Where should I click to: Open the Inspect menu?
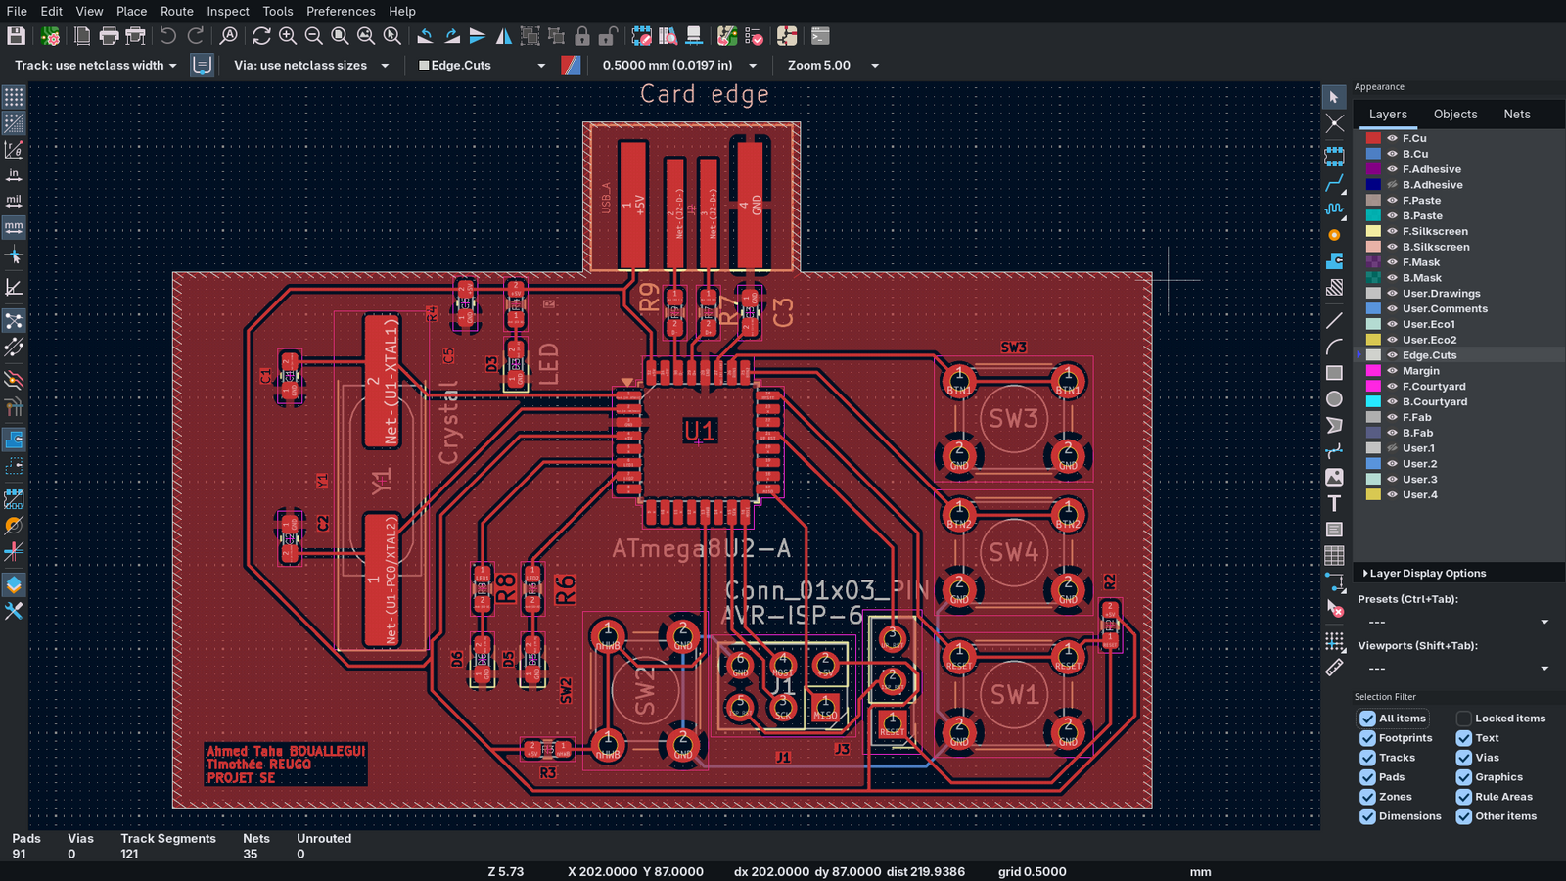pos(227,11)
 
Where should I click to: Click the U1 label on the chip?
pos(699,431)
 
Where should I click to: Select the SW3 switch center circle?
pos(1013,418)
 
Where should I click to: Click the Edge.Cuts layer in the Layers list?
pos(1429,355)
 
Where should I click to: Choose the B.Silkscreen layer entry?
pos(1435,247)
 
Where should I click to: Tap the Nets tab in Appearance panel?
pos(1516,114)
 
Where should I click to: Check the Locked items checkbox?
pos(1464,719)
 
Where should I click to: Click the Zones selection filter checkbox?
pos(1367,797)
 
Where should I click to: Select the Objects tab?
pos(1454,114)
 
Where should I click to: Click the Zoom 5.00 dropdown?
pos(832,65)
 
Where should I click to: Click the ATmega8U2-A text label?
pos(701,548)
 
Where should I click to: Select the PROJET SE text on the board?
pos(241,778)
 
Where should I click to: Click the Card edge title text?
pos(704,95)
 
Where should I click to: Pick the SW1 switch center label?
pos(1014,695)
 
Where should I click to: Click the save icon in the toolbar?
pos(16,36)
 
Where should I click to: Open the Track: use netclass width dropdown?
pos(96,65)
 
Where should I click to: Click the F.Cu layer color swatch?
pos(1373,138)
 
